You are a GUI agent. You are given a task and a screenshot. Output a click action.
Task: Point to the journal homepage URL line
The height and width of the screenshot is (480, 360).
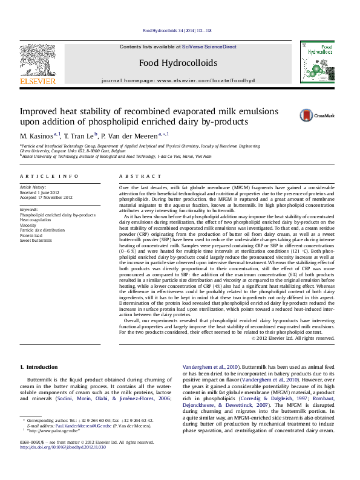[178, 80]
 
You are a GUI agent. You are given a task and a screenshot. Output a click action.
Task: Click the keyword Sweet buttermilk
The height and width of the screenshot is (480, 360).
[36, 241]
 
